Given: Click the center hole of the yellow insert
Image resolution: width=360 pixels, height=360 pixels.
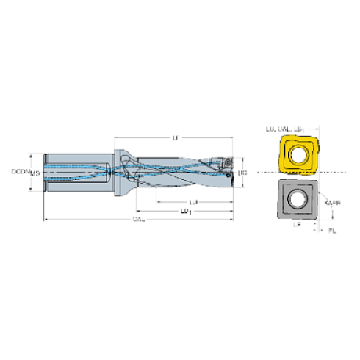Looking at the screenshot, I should coord(297,155).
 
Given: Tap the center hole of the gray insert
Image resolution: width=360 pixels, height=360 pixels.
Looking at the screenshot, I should coord(297,198).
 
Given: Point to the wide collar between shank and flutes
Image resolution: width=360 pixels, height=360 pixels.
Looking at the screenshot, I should coord(119,173).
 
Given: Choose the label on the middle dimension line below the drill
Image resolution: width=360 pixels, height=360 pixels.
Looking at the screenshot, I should coord(186,211).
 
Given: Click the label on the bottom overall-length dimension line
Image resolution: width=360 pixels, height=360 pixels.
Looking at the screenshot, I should coord(137,220).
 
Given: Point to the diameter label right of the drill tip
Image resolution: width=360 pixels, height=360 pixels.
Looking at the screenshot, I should coord(242,173).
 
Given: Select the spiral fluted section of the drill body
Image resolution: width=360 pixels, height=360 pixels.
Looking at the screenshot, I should coord(176,173).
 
